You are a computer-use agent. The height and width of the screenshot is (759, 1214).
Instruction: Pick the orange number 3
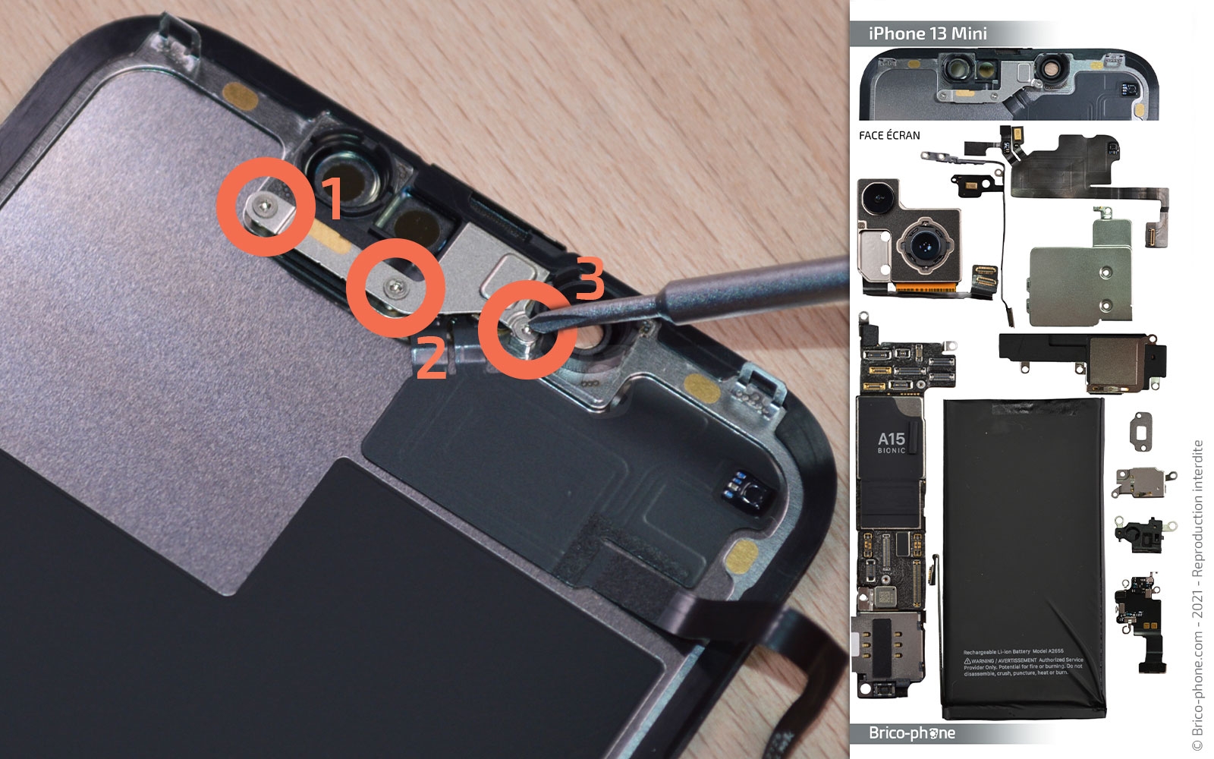tap(590, 279)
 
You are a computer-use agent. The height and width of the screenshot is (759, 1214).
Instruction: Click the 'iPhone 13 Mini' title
tap(927, 33)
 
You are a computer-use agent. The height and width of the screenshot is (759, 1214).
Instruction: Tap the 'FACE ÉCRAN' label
tap(889, 136)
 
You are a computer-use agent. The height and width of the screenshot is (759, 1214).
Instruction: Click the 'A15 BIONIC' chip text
tap(892, 442)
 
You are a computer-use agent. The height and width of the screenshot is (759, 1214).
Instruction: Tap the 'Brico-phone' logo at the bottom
tap(911, 733)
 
